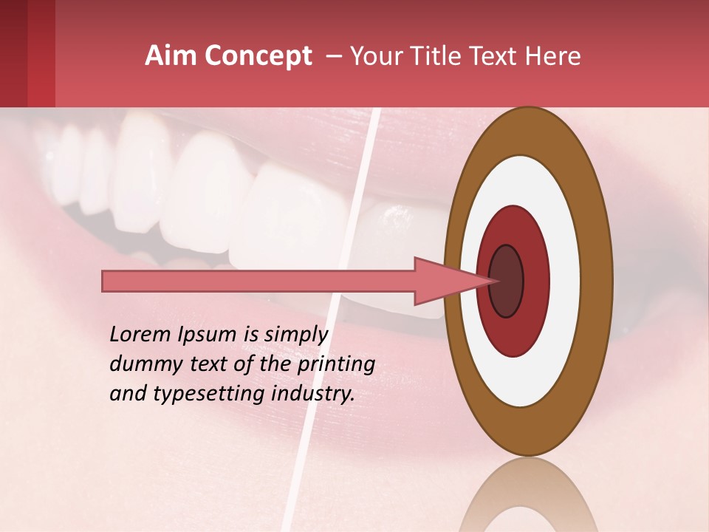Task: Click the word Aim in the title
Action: (168, 56)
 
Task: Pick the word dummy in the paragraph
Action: (141, 364)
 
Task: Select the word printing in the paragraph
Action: (337, 364)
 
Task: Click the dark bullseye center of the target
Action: (506, 281)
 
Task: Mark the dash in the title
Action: (333, 56)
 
